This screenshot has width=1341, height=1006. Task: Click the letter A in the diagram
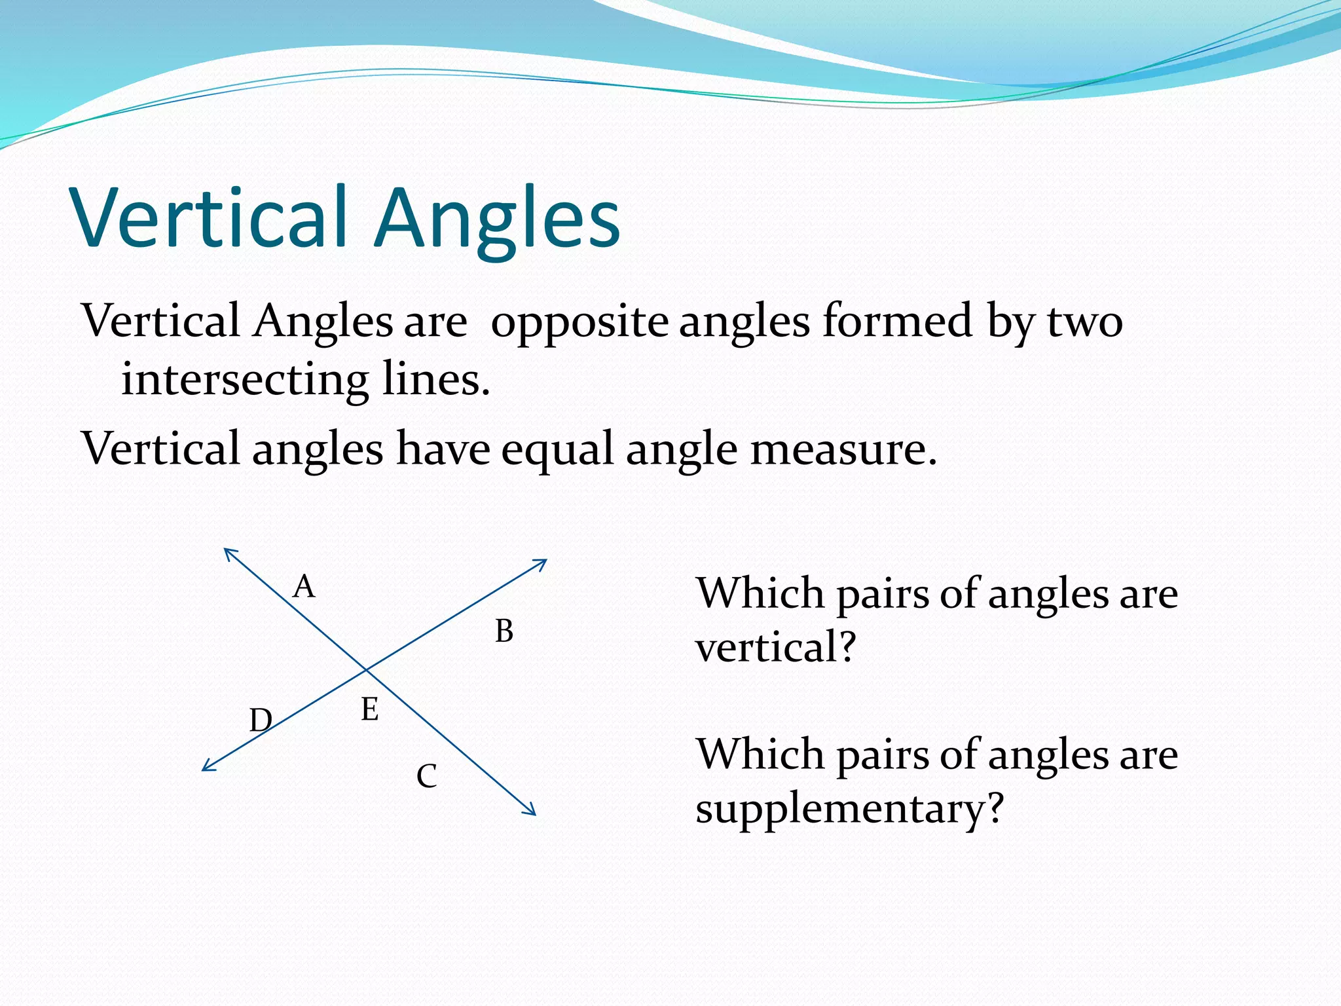pyautogui.click(x=304, y=586)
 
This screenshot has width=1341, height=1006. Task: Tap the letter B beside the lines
pyautogui.click(x=504, y=631)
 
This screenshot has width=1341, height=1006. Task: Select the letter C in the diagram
pyautogui.click(x=426, y=777)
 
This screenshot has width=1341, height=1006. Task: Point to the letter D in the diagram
pyautogui.click(x=260, y=720)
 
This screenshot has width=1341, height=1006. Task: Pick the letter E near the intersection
pyautogui.click(x=370, y=710)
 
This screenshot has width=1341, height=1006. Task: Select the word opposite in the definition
pyautogui.click(x=579, y=322)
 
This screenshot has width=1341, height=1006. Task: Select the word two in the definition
pyautogui.click(x=1085, y=322)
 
